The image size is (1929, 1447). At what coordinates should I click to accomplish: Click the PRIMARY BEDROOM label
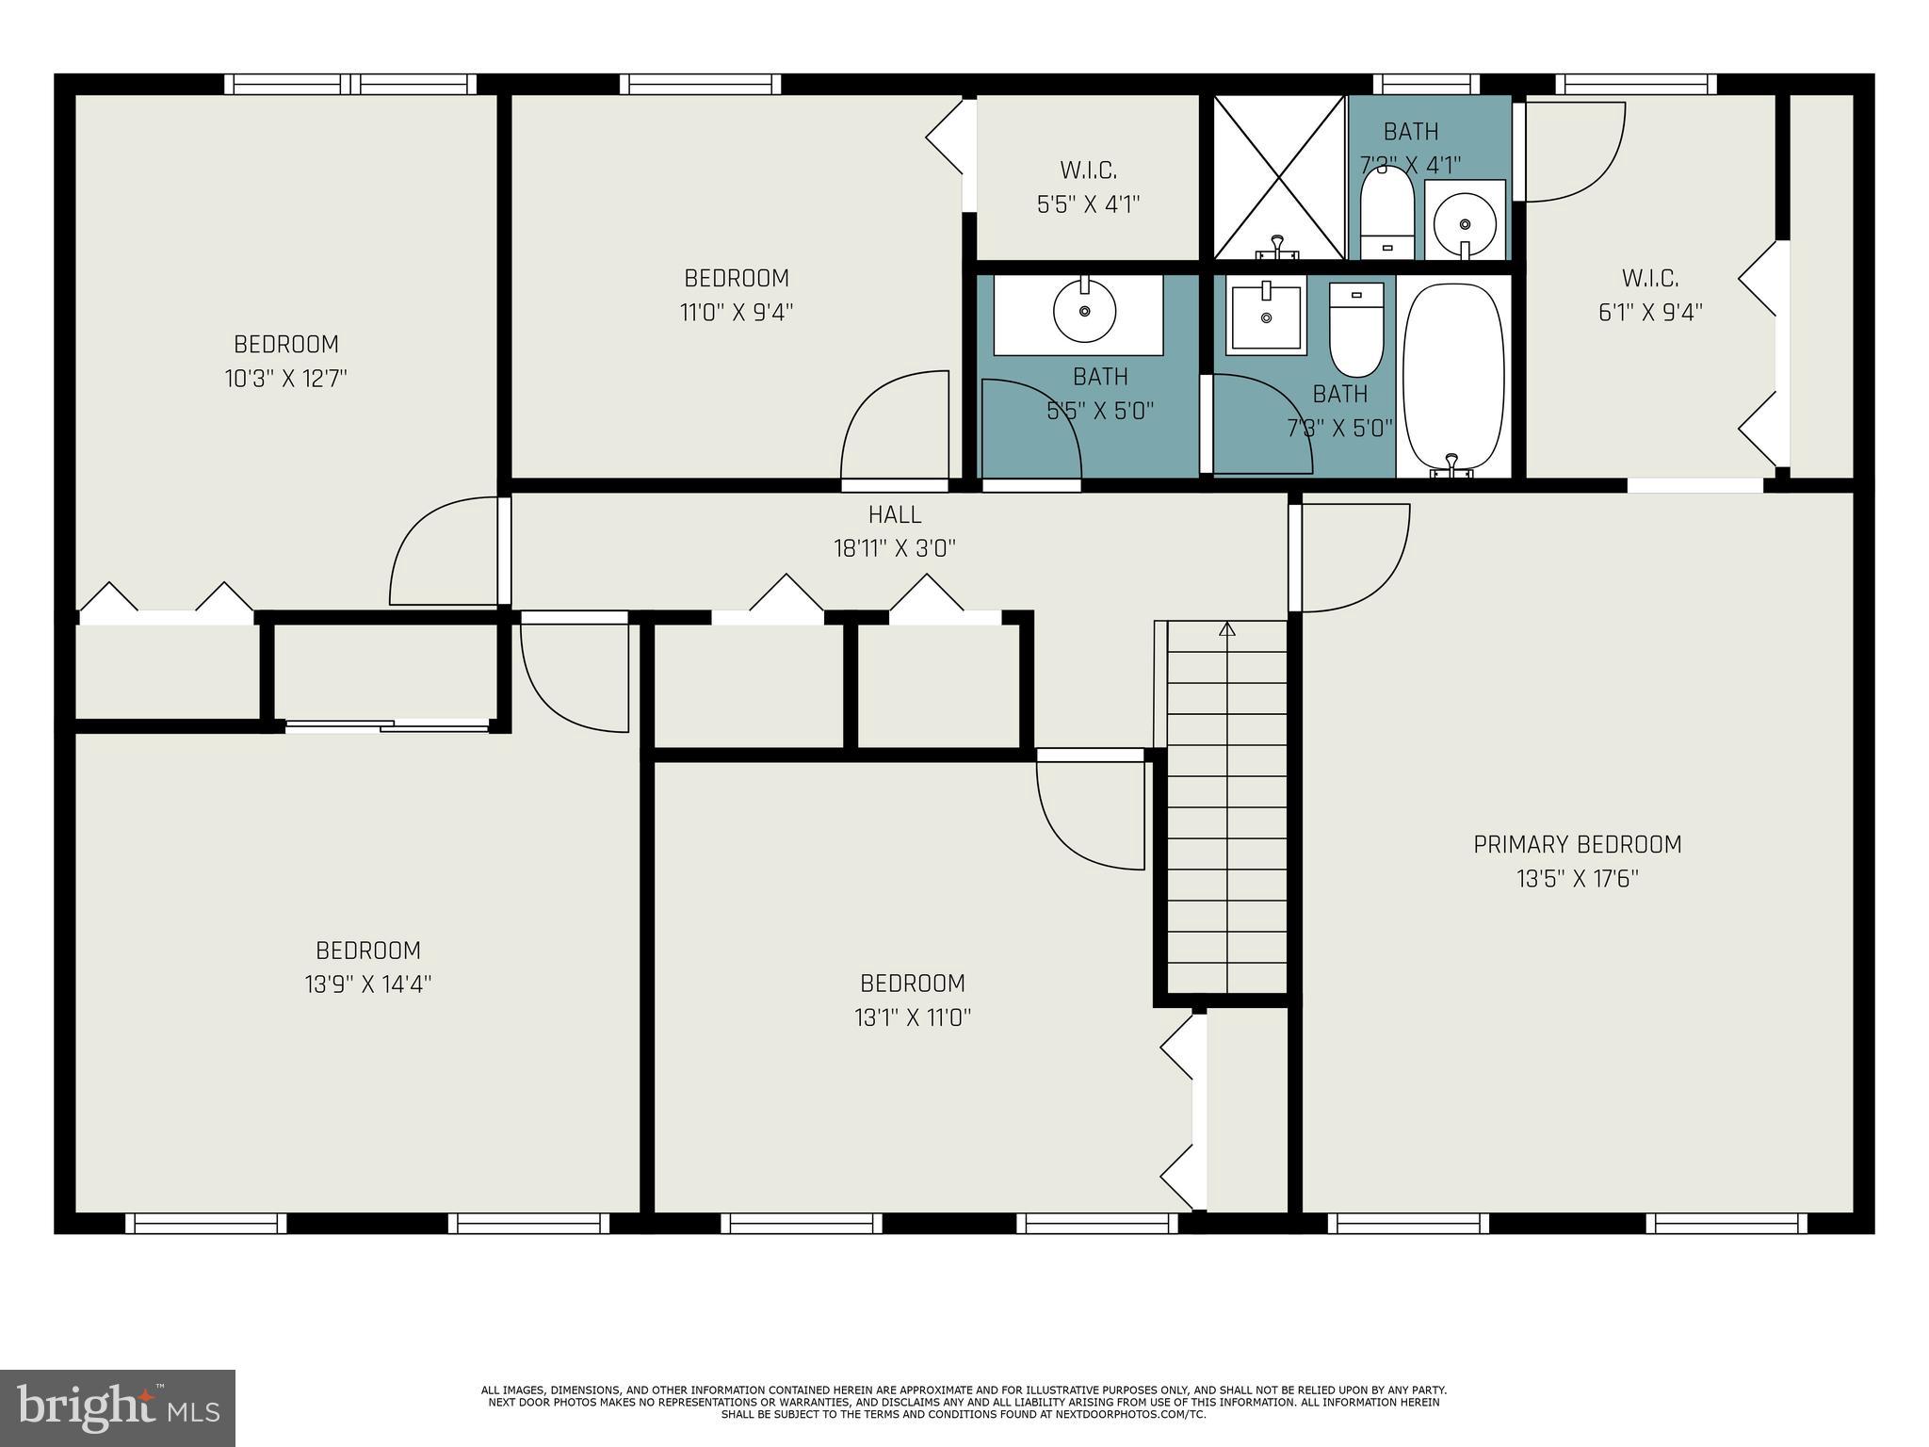pyautogui.click(x=1578, y=845)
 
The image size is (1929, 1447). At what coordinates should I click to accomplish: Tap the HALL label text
pyautogui.click(x=895, y=515)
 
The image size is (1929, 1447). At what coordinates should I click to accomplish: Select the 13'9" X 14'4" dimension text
pyautogui.click(x=368, y=984)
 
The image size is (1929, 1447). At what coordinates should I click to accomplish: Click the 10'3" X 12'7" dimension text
pyautogui.click(x=286, y=379)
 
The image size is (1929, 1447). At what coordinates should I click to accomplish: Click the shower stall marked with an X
pyautogui.click(x=1279, y=176)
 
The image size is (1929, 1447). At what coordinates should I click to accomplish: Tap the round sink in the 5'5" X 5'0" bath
pyautogui.click(x=1084, y=311)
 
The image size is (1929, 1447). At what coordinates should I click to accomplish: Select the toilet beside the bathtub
pyautogui.click(x=1356, y=329)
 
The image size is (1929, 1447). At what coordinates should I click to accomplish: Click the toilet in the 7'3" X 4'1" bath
pyautogui.click(x=1387, y=212)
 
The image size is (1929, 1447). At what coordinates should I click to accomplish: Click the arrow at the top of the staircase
pyautogui.click(x=1226, y=629)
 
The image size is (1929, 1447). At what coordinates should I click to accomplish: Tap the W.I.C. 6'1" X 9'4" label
pyautogui.click(x=1650, y=295)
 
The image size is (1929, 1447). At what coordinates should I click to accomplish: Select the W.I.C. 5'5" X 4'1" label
pyautogui.click(x=1089, y=187)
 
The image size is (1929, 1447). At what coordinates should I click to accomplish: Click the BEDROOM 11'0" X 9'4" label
pyautogui.click(x=737, y=295)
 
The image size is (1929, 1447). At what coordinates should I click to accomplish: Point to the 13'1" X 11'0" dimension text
pyautogui.click(x=913, y=1017)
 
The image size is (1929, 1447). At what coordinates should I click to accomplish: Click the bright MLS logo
pyautogui.click(x=118, y=1408)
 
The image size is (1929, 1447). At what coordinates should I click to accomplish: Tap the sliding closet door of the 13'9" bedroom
pyautogui.click(x=387, y=725)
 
